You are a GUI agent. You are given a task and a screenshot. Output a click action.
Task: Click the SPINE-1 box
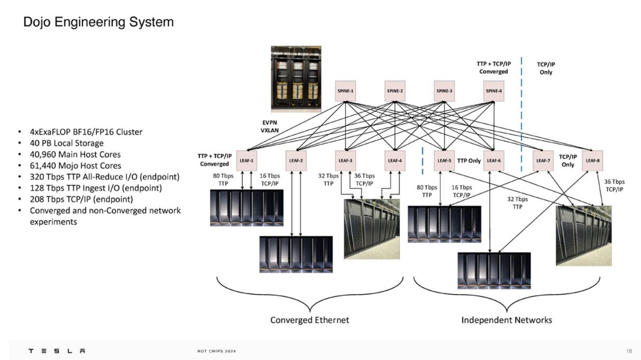click(345, 91)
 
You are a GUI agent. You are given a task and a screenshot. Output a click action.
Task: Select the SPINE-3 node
click(444, 91)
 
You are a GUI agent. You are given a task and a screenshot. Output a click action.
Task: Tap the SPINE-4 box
click(494, 91)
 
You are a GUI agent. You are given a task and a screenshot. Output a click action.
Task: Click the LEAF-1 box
click(246, 161)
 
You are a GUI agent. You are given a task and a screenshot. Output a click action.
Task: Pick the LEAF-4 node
click(395, 161)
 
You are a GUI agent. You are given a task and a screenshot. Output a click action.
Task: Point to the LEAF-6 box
click(493, 161)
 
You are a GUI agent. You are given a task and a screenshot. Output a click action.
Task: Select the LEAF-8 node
click(592, 161)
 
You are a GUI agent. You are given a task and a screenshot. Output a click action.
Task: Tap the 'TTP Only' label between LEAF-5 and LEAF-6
click(469, 161)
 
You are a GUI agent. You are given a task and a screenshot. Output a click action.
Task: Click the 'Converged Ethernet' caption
click(309, 319)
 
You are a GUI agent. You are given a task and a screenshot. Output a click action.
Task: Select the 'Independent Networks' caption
click(507, 319)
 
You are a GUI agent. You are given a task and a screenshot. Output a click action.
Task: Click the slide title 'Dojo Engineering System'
click(99, 22)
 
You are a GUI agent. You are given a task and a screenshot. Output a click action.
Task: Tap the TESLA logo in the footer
click(57, 351)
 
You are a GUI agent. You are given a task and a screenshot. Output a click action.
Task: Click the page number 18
click(629, 351)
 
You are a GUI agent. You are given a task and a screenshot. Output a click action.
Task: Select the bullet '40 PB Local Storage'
click(66, 143)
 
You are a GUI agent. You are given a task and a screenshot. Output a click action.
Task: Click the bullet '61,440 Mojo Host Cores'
click(75, 166)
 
